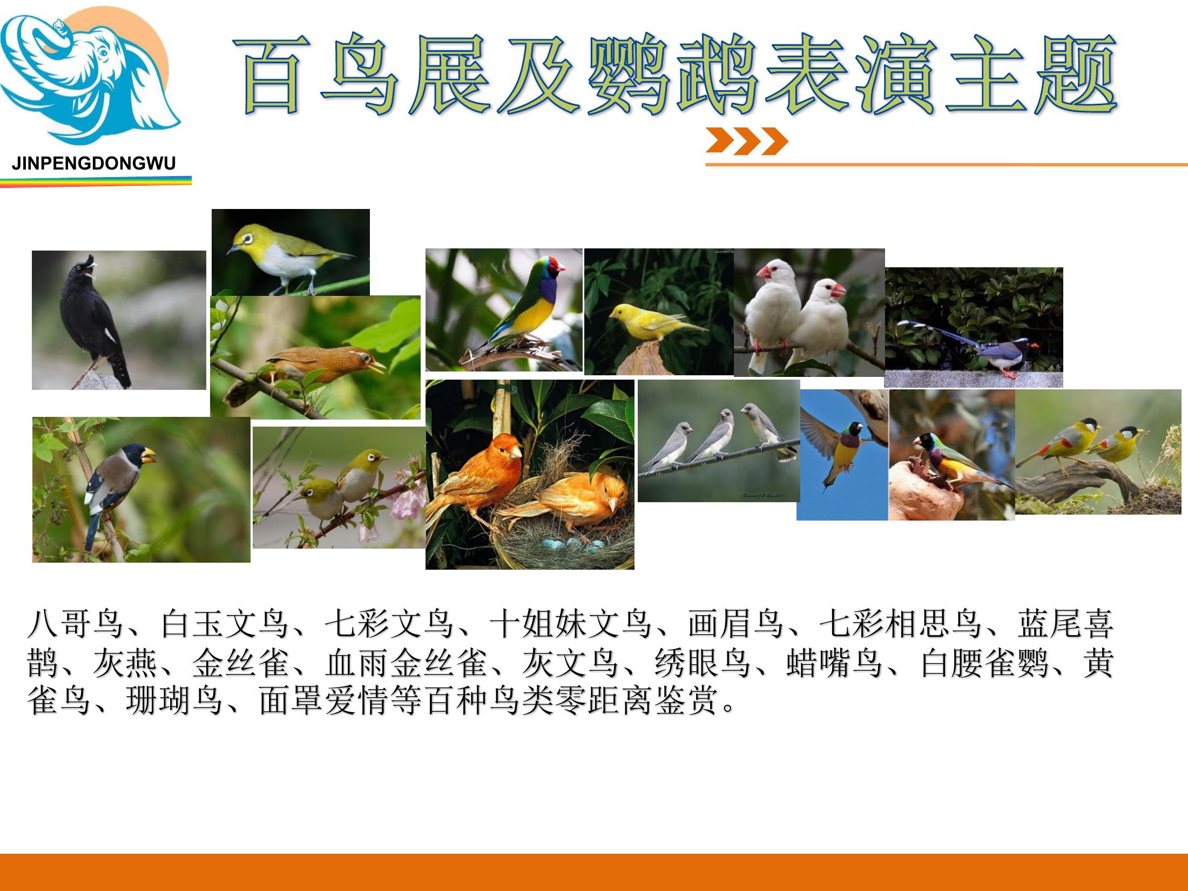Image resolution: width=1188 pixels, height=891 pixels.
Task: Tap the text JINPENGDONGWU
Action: pos(94,164)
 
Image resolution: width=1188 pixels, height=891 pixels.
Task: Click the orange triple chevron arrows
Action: pos(746,141)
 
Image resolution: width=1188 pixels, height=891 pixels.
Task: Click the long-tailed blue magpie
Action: pos(967,346)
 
